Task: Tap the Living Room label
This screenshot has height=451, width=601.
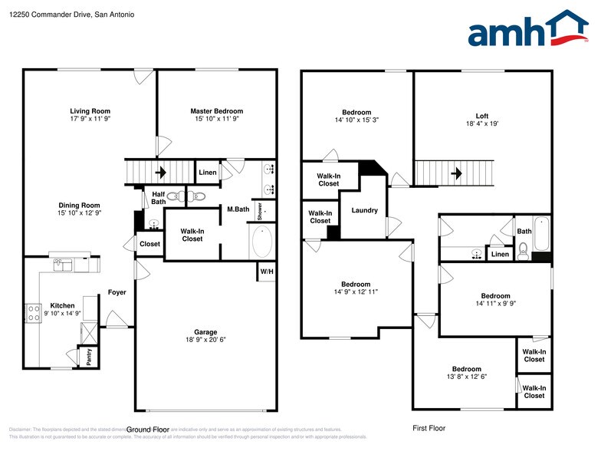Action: click(x=90, y=111)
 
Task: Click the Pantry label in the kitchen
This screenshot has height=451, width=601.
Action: click(x=89, y=357)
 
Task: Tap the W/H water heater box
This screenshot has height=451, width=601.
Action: click(x=266, y=272)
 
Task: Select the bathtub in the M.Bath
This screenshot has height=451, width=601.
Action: click(x=261, y=242)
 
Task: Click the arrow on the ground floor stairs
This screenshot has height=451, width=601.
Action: click(x=162, y=173)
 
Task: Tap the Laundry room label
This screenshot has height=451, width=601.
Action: click(x=364, y=210)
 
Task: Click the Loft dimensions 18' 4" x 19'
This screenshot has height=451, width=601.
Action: click(x=482, y=124)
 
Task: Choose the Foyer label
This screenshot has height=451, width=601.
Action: click(x=117, y=292)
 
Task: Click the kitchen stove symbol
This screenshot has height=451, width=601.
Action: click(x=34, y=312)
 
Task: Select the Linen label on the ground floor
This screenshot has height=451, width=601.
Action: click(x=208, y=173)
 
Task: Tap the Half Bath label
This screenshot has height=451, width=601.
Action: click(x=159, y=198)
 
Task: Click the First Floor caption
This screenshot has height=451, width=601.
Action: click(x=429, y=428)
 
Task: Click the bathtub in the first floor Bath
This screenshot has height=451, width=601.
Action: click(x=542, y=235)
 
